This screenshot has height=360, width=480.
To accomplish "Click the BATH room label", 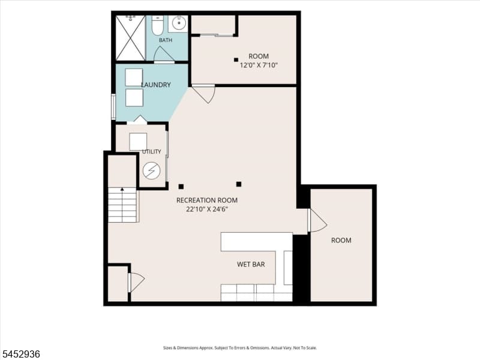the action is (166, 40).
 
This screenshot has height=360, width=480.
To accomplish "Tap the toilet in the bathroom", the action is (158, 25).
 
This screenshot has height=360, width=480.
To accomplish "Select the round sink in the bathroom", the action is (178, 23).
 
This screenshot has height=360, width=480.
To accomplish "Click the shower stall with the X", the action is (130, 38).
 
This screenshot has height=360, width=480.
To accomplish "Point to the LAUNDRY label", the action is (156, 85).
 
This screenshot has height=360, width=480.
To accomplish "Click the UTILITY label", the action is (152, 152).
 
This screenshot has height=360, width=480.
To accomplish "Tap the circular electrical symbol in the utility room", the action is (152, 170).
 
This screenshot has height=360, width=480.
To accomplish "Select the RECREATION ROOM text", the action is (207, 200).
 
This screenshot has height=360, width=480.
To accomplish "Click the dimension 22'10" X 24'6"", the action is (207, 209).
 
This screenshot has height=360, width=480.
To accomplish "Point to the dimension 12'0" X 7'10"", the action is (259, 65).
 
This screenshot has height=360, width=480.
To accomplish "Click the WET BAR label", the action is (251, 264).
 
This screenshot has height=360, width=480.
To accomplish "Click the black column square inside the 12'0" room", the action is (236, 59).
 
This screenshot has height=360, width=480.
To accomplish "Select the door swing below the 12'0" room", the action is (205, 94).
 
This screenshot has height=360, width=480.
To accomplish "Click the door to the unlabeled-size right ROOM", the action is (318, 220).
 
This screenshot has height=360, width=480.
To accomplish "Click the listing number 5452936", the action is (20, 354).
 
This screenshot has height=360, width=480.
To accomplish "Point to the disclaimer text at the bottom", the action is (240, 348).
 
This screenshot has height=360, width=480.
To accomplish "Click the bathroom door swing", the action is (164, 55).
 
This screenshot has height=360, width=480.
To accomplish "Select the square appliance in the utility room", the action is (138, 142).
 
